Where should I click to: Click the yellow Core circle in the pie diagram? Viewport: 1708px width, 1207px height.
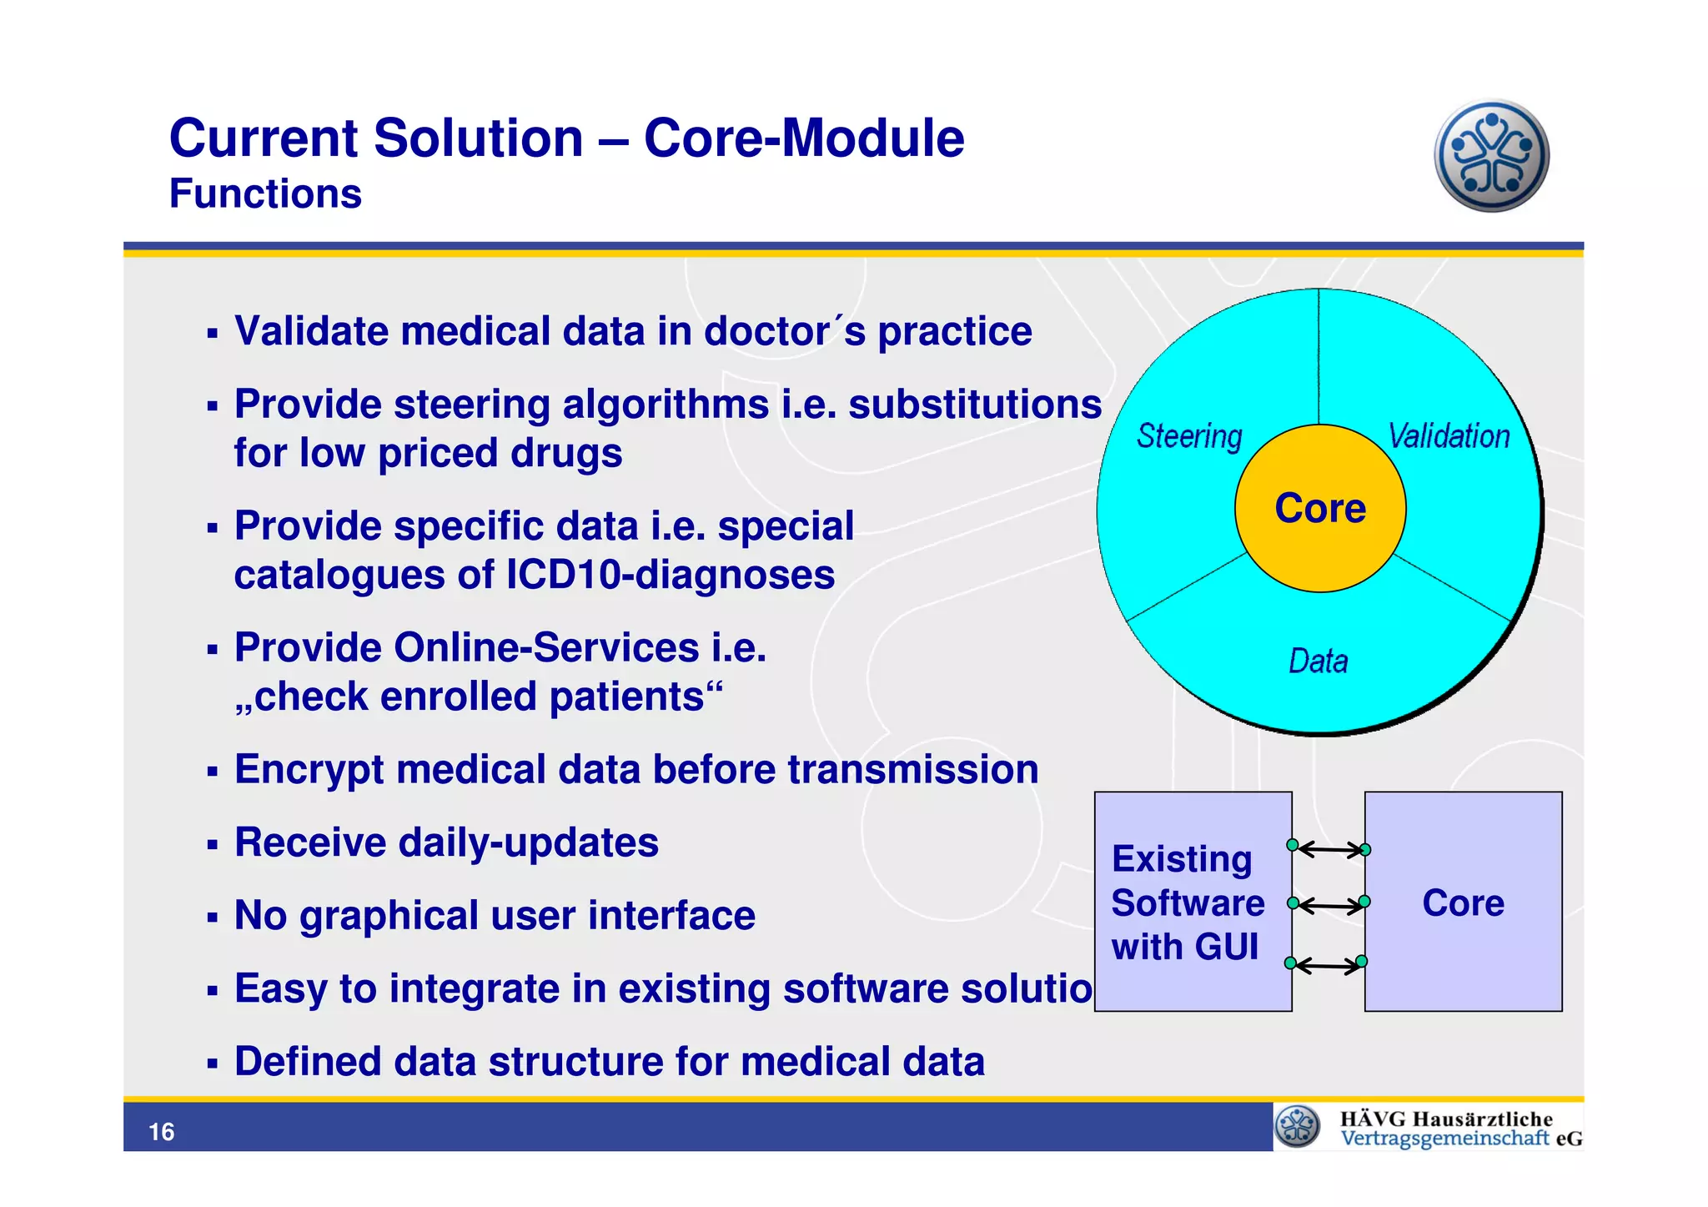coord(1319,508)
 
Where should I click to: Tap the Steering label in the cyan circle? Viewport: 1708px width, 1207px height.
coord(1189,436)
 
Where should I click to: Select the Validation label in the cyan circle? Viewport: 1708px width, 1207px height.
coord(1449,436)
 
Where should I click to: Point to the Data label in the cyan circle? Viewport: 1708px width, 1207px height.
coord(1318,661)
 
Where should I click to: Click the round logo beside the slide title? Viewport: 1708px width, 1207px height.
coord(1491,156)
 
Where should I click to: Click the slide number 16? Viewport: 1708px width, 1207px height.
coord(161,1132)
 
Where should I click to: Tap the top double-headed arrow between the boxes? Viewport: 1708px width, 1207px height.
coord(1329,849)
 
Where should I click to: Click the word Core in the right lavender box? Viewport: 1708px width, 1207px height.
coord(1463,903)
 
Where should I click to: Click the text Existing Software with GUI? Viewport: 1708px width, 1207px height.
coord(1188,903)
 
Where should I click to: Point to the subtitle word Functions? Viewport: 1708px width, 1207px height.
coord(265,194)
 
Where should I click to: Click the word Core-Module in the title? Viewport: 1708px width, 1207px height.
coord(804,138)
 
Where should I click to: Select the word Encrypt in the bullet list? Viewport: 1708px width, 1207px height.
coord(309,770)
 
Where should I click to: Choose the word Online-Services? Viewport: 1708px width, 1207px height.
coord(546,647)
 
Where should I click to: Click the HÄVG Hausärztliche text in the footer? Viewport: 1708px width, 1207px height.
coord(1446,1119)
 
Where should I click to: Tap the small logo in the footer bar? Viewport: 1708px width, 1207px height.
coord(1298,1127)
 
